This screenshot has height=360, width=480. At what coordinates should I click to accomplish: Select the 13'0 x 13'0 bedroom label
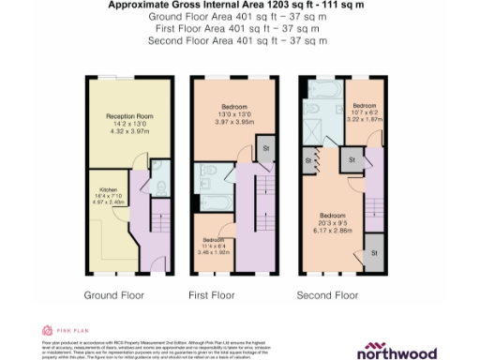(228, 108)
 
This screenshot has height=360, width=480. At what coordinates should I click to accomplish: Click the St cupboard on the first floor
(266, 148)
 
